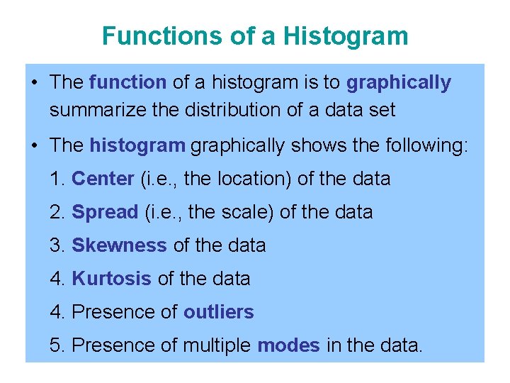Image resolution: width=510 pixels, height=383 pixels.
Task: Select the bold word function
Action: click(x=127, y=82)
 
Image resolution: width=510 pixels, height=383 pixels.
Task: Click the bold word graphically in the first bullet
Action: click(x=398, y=82)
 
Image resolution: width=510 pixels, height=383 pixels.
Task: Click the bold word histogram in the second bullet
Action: click(x=137, y=145)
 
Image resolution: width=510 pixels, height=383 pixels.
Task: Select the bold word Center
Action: click(x=103, y=179)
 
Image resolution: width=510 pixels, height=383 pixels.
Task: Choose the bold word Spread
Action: click(x=105, y=212)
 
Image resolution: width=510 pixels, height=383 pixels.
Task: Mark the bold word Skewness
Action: click(x=119, y=245)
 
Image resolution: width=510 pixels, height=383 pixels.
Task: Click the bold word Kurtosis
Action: click(x=111, y=279)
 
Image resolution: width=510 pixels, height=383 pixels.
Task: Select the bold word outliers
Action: click(x=218, y=311)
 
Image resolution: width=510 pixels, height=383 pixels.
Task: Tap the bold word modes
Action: click(x=288, y=345)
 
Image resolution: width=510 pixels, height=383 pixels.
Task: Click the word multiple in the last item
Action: click(x=217, y=345)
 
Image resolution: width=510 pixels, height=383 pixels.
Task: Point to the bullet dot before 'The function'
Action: click(x=35, y=83)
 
